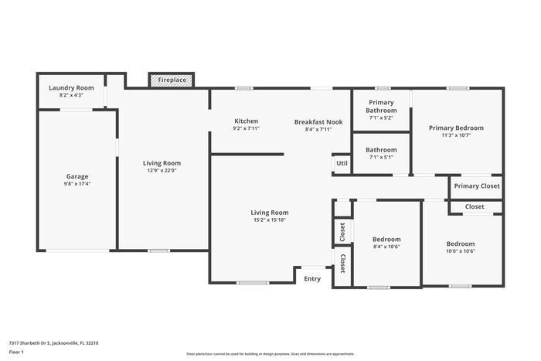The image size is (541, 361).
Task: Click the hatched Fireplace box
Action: click(x=171, y=80)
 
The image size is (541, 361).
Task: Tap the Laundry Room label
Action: click(x=71, y=88)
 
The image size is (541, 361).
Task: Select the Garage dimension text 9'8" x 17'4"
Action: click(x=77, y=184)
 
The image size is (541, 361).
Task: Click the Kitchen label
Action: click(x=246, y=121)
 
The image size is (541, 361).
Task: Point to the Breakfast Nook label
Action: click(x=318, y=121)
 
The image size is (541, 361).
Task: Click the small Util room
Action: click(x=342, y=164)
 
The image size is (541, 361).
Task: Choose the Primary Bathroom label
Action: click(x=381, y=107)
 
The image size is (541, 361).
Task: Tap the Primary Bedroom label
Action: click(x=457, y=128)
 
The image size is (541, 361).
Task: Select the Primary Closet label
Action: click(x=477, y=186)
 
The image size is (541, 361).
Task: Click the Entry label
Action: click(x=312, y=278)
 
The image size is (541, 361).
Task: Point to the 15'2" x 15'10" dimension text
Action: click(x=269, y=220)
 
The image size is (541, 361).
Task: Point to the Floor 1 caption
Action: click(x=17, y=352)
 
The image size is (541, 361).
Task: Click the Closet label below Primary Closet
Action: click(x=475, y=206)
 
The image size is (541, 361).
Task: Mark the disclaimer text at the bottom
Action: click(x=270, y=353)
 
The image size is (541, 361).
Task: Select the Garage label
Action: click(x=77, y=176)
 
